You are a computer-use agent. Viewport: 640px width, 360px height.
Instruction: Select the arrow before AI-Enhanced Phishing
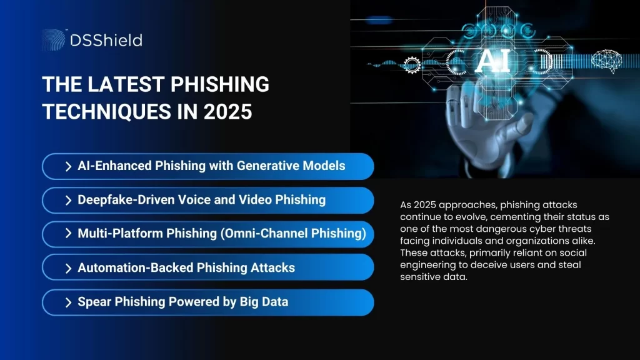[67, 167]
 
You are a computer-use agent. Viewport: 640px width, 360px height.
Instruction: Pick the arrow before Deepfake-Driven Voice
[67, 200]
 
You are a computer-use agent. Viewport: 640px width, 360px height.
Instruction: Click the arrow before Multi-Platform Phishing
[67, 234]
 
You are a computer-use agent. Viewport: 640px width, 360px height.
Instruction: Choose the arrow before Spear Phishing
[67, 302]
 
